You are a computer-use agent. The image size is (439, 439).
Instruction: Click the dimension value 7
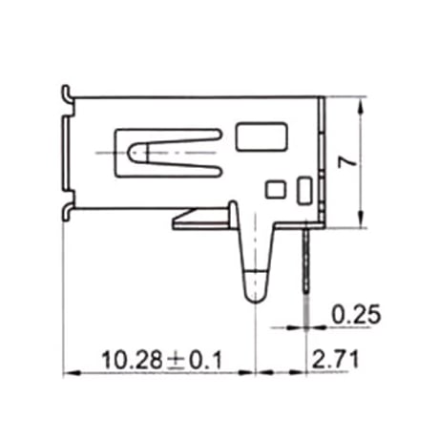(x=347, y=163)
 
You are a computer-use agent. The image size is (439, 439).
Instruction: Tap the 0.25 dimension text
(x=356, y=314)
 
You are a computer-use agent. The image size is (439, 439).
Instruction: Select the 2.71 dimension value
(x=335, y=360)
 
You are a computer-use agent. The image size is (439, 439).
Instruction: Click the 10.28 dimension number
(x=132, y=361)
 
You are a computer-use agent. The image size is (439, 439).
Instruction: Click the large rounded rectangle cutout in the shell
(x=261, y=136)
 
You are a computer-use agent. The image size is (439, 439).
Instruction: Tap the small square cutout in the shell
(x=276, y=189)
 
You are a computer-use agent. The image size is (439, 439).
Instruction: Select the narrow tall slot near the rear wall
(x=304, y=190)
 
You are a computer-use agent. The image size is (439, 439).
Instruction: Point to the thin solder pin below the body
(x=306, y=260)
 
